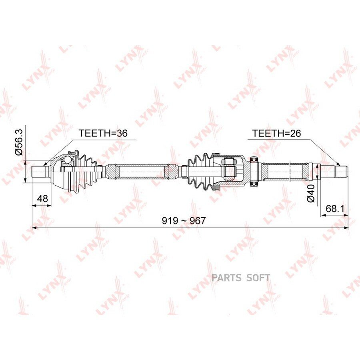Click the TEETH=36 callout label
tap(103, 133)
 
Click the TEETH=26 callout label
tap(276, 133)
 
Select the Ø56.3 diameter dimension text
tap(19, 142)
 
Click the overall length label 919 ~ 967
tap(184, 221)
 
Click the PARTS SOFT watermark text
tap(241, 278)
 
